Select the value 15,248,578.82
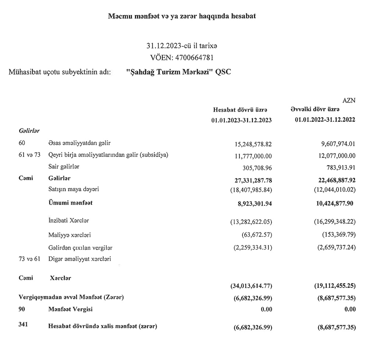(249, 144)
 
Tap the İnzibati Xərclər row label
(69, 221)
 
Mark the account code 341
(23, 324)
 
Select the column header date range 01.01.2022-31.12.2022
(325, 120)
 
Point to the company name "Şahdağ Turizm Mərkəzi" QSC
(178, 72)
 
